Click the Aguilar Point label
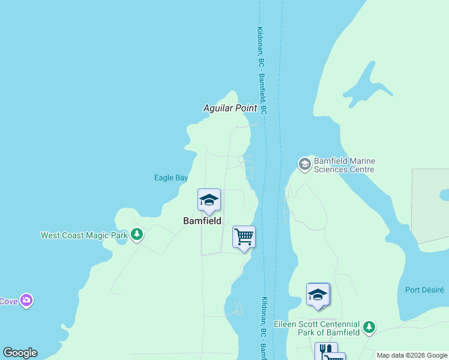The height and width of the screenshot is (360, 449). tap(230, 108)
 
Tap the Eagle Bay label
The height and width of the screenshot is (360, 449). tap(171, 178)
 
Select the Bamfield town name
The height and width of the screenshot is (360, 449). tap(202, 221)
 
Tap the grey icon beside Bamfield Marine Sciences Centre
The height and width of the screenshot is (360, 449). tap(305, 164)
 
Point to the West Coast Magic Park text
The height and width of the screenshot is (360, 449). tap(83, 235)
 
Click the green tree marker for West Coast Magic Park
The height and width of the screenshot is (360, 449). tap(137, 235)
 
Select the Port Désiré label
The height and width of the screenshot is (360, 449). tap(424, 290)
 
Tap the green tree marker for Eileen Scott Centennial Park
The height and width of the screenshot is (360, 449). tap(370, 328)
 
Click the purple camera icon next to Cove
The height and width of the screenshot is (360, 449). tap(26, 300)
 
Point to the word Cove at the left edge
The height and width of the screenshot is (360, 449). tap(8, 301)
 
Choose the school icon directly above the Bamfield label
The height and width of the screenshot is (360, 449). tap(209, 200)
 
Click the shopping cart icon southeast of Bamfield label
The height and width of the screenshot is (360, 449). tap(244, 237)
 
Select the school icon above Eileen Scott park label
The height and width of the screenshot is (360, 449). tap(318, 295)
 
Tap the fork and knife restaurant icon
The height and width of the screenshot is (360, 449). tap(324, 350)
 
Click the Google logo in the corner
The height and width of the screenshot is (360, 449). tap(20, 353)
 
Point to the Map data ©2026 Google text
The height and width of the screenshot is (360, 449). tap(412, 355)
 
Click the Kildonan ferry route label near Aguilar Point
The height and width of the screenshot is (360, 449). tap(262, 71)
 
